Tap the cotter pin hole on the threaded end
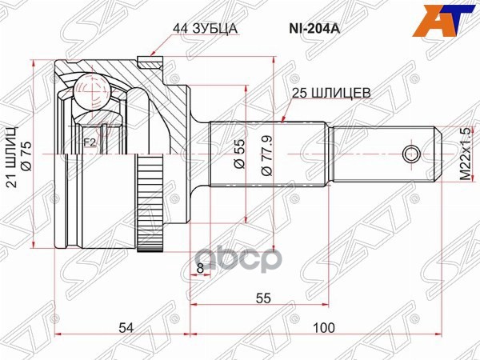click(410, 153)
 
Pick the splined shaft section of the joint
click(268, 153)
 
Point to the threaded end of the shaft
click(384, 153)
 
